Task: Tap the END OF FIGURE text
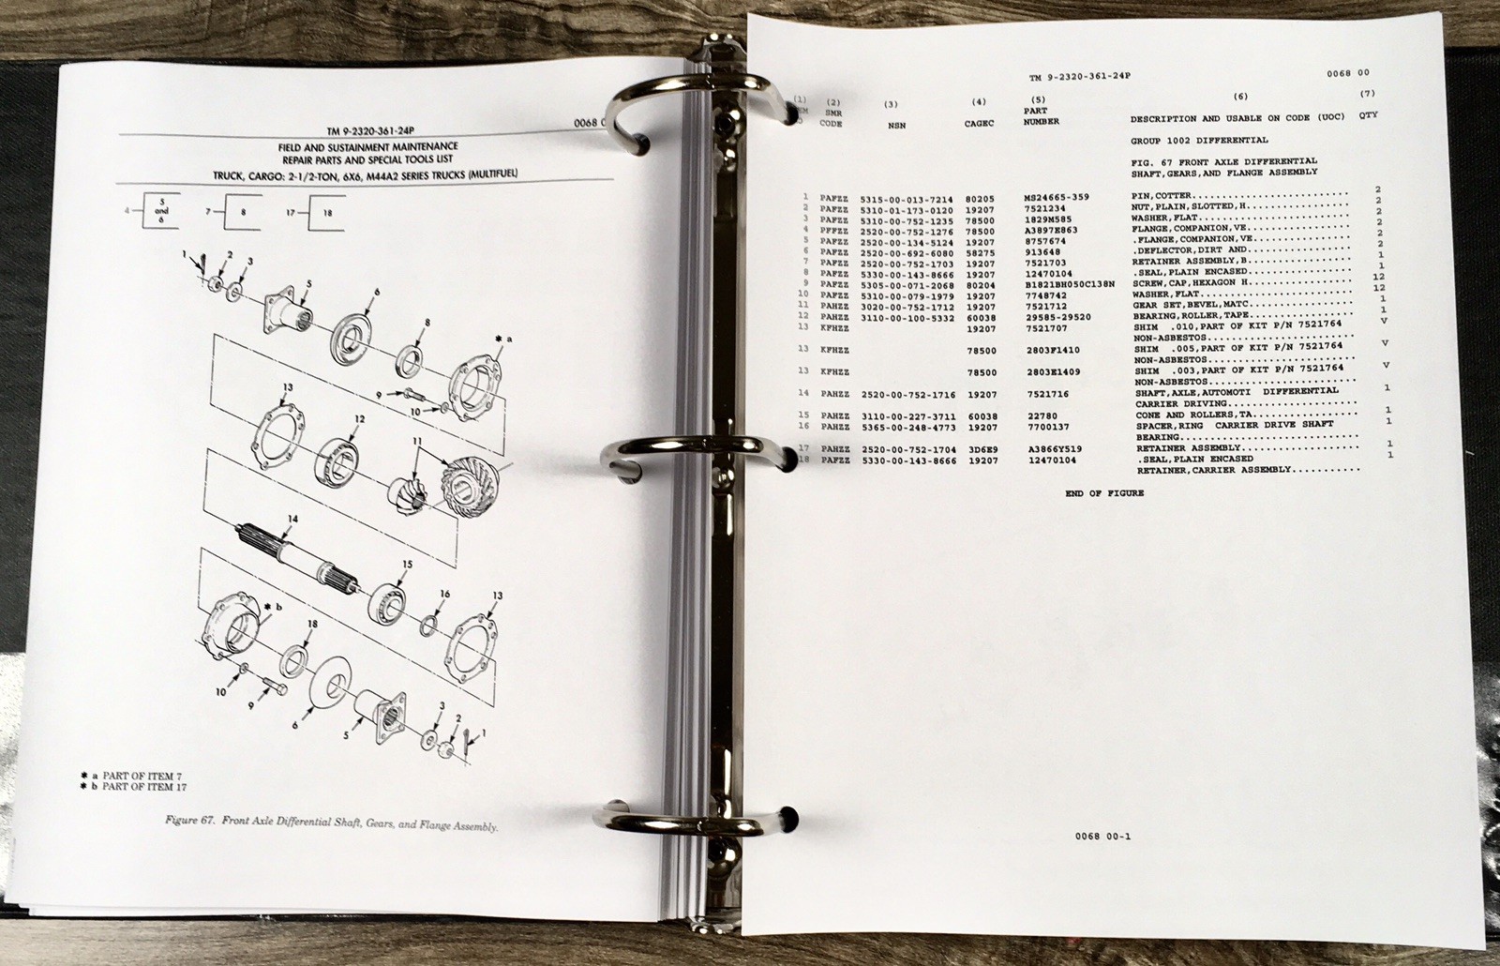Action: pyautogui.click(x=1104, y=493)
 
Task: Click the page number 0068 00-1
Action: pyautogui.click(x=1099, y=838)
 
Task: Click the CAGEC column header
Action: pyautogui.click(x=979, y=119)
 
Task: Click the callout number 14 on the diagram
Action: pyautogui.click(x=292, y=519)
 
